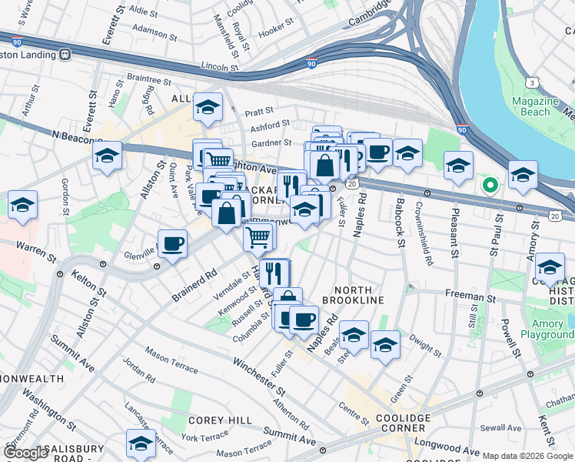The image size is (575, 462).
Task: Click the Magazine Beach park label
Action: click(x=537, y=106)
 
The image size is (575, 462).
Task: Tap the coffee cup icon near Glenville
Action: click(x=172, y=245)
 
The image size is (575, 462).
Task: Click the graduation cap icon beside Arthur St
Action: click(x=108, y=156)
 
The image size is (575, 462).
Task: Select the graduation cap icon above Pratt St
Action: click(x=208, y=108)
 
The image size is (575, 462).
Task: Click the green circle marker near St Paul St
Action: click(x=489, y=185)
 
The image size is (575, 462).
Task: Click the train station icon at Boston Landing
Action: click(x=65, y=55)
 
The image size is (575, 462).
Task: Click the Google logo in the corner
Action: click(x=26, y=453)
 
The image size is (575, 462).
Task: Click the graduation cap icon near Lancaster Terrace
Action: click(x=141, y=444)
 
